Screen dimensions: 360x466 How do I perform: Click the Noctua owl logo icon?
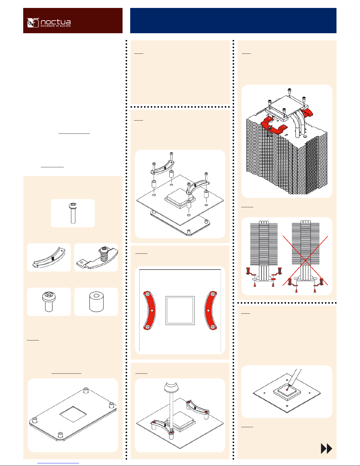point(33,23)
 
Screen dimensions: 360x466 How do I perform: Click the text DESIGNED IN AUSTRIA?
point(56,26)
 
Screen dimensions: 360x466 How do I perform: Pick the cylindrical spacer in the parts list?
point(96,302)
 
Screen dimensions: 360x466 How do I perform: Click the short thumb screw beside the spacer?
point(49,302)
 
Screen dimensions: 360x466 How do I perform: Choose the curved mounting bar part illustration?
point(49,257)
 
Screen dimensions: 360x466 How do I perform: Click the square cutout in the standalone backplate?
point(73,414)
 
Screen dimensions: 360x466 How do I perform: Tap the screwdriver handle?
point(171,387)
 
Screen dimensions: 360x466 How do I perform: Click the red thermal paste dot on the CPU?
point(287,390)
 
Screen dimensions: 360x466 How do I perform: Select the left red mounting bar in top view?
point(149,310)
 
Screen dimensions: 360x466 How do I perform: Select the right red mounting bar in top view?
point(211,310)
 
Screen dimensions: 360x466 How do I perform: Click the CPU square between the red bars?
point(180,310)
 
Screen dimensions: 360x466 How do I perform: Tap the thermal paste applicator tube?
point(295,378)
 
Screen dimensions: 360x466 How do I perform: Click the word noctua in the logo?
point(56,22)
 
